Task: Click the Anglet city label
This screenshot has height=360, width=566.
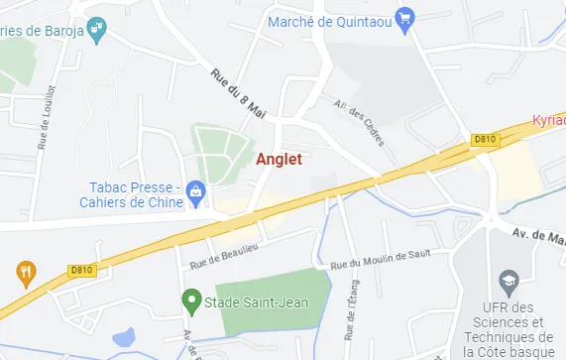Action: pyautogui.click(x=279, y=158)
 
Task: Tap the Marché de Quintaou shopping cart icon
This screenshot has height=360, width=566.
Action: pyautogui.click(x=402, y=18)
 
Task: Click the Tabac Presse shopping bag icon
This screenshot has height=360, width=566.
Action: pyautogui.click(x=195, y=188)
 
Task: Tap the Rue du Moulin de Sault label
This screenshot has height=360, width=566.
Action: pyautogui.click(x=382, y=263)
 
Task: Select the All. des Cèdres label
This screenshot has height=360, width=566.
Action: pyautogui.click(x=359, y=122)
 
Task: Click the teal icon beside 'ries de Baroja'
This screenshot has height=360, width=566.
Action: pyautogui.click(x=95, y=30)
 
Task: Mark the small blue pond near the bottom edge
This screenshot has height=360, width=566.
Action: pyautogui.click(x=125, y=337)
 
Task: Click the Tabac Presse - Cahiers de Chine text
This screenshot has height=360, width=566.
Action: pyautogui.click(x=137, y=195)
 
